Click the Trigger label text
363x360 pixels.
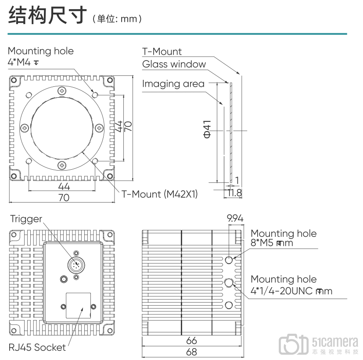click(x=26, y=219)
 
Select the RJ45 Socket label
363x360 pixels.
click(x=37, y=347)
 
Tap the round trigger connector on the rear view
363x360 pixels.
click(x=75, y=265)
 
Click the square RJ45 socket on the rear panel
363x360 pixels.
click(x=78, y=306)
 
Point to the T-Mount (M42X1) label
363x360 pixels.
click(x=159, y=194)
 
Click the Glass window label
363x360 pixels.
click(x=174, y=64)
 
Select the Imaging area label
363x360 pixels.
click(x=173, y=84)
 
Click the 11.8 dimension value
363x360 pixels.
click(x=234, y=193)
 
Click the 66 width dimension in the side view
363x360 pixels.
click(x=191, y=341)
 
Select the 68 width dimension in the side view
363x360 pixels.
click(x=191, y=352)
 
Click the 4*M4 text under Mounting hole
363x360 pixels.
click(x=19, y=62)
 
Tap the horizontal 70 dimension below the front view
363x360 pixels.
click(x=64, y=198)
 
